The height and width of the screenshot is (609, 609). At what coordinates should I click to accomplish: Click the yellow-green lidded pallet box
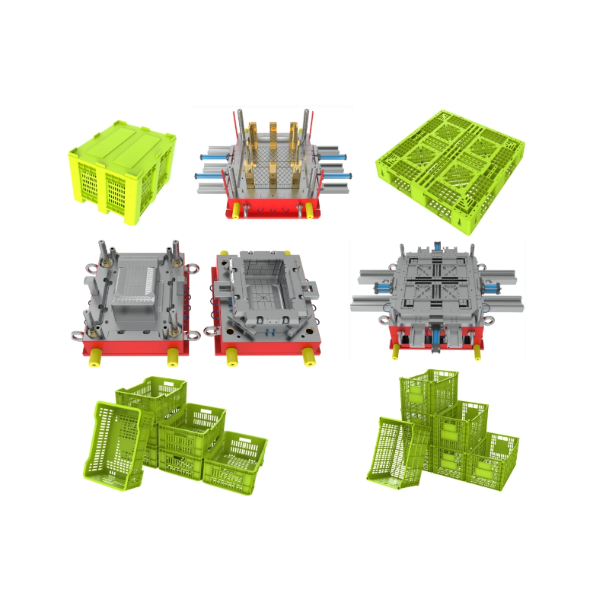coord(122,171)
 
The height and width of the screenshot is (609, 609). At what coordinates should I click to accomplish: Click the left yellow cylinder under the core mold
coord(96,356)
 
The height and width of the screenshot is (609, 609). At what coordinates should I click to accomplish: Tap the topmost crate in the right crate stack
coord(429,392)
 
